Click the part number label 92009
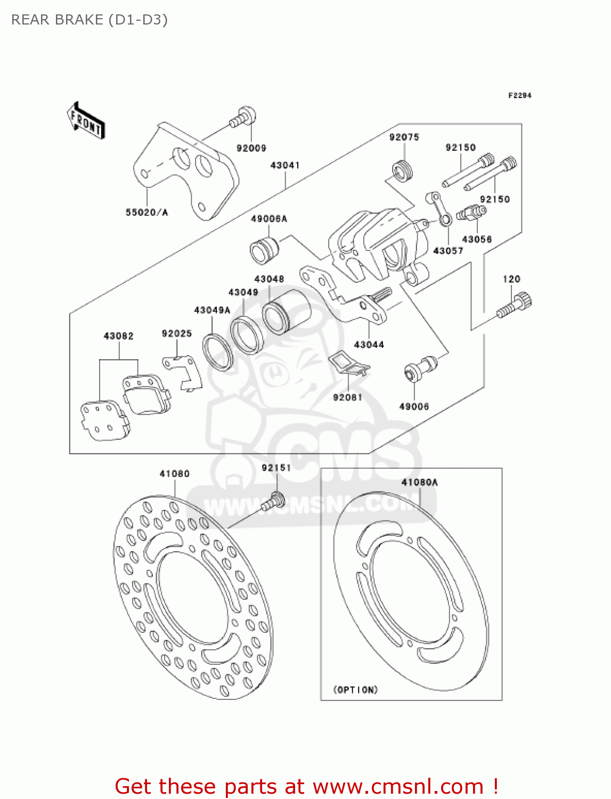[x=251, y=148]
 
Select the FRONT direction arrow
[x=86, y=121]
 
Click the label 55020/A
[x=146, y=213]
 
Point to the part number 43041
[x=285, y=165]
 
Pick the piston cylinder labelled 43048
[x=287, y=312]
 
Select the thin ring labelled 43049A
[x=217, y=352]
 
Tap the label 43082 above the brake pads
[x=118, y=336]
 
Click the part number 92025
[x=177, y=333]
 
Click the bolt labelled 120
[x=515, y=305]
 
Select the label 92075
[x=404, y=137]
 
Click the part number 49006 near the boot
[x=414, y=406]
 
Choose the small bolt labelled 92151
[x=274, y=501]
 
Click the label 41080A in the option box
[x=419, y=482]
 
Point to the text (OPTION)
[x=355, y=690]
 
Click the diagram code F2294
[x=519, y=95]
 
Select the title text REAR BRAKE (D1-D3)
[x=89, y=20]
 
